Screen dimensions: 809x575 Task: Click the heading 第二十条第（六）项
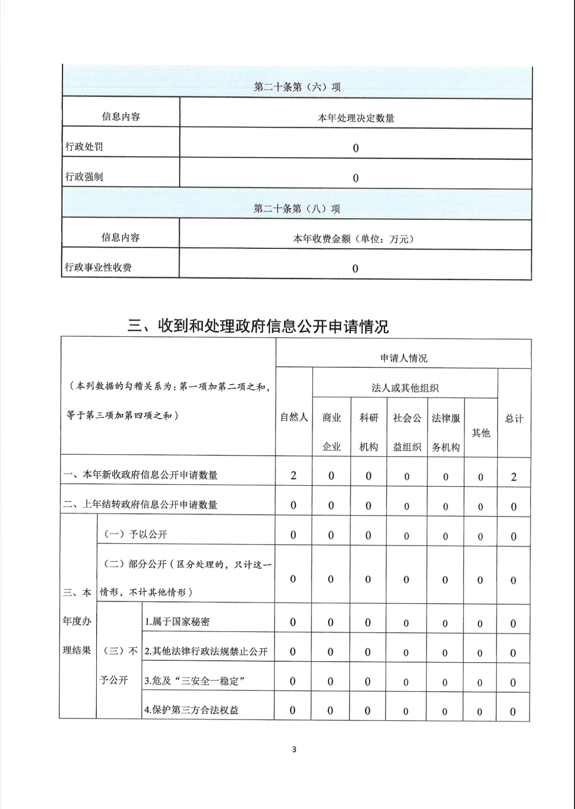(x=297, y=87)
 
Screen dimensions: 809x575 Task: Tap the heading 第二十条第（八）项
(x=297, y=209)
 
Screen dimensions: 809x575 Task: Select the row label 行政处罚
(x=84, y=147)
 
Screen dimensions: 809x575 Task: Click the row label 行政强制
(x=84, y=177)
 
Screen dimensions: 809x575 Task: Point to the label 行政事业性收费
(x=98, y=267)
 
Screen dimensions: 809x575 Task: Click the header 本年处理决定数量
(x=355, y=118)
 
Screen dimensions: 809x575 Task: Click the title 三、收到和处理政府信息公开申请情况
(x=258, y=326)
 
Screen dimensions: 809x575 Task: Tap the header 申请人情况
(x=403, y=358)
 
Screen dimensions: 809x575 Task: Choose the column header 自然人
(x=294, y=417)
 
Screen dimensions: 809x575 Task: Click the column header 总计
(x=514, y=419)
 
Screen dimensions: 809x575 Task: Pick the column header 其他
(x=480, y=433)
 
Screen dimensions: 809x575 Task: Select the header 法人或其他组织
(x=405, y=388)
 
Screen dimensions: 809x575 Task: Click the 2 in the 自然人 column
(x=293, y=476)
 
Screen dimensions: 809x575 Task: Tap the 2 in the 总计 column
(x=514, y=477)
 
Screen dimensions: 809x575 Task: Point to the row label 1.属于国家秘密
(x=177, y=622)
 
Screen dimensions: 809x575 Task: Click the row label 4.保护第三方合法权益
(x=192, y=710)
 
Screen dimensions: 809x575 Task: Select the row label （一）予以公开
(x=135, y=535)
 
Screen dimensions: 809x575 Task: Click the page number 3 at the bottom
(x=294, y=750)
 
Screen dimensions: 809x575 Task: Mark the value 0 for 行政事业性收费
(x=355, y=269)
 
